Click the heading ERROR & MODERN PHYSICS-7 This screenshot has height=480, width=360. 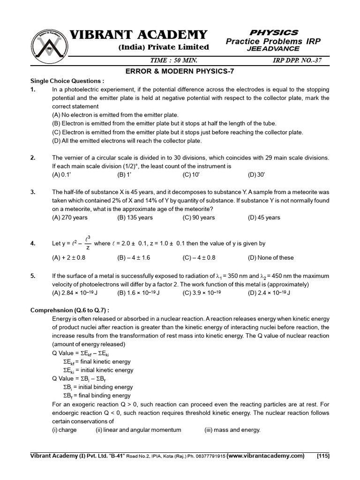click(180, 71)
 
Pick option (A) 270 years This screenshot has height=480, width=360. click(69, 217)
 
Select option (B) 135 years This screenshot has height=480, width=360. click(135, 217)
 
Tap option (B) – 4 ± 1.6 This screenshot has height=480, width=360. click(134, 257)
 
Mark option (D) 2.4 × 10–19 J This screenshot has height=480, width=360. click(269, 293)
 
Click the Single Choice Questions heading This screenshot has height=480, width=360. click(67, 80)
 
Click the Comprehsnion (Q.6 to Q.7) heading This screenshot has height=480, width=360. click(70, 310)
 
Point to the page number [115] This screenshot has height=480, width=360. click(323, 456)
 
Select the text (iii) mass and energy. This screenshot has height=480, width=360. click(232, 430)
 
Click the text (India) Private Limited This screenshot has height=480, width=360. click(164, 47)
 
